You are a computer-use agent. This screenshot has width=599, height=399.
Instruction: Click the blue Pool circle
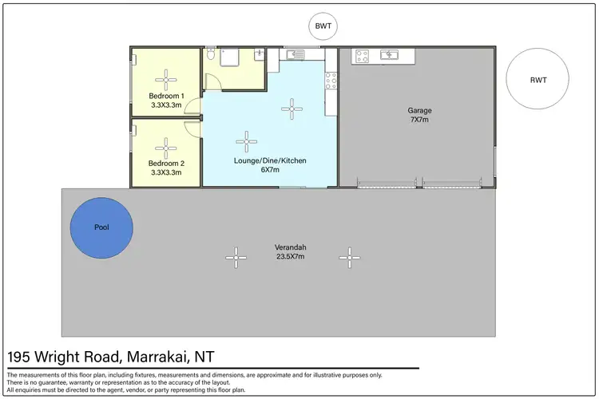tap(101, 227)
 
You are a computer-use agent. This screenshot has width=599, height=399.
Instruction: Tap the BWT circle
tap(324, 26)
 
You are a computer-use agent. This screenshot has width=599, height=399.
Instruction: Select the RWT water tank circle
tap(538, 80)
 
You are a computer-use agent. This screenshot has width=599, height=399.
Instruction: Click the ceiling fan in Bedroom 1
tap(167, 78)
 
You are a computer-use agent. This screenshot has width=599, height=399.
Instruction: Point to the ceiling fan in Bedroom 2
tap(167, 147)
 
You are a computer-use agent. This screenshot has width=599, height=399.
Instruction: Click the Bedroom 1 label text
tap(167, 96)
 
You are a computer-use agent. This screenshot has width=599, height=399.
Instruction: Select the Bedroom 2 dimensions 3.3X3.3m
tap(167, 172)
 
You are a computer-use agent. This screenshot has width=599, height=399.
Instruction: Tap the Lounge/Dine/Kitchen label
tap(270, 160)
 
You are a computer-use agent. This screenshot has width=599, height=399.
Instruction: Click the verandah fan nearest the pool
tap(235, 256)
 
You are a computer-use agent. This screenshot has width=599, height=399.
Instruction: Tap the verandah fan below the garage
tap(347, 256)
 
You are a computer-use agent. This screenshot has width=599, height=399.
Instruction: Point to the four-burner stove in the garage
tap(360, 56)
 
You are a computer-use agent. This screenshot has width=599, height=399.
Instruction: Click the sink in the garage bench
tap(391, 56)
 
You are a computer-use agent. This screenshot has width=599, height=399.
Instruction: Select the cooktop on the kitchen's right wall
tap(331, 79)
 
